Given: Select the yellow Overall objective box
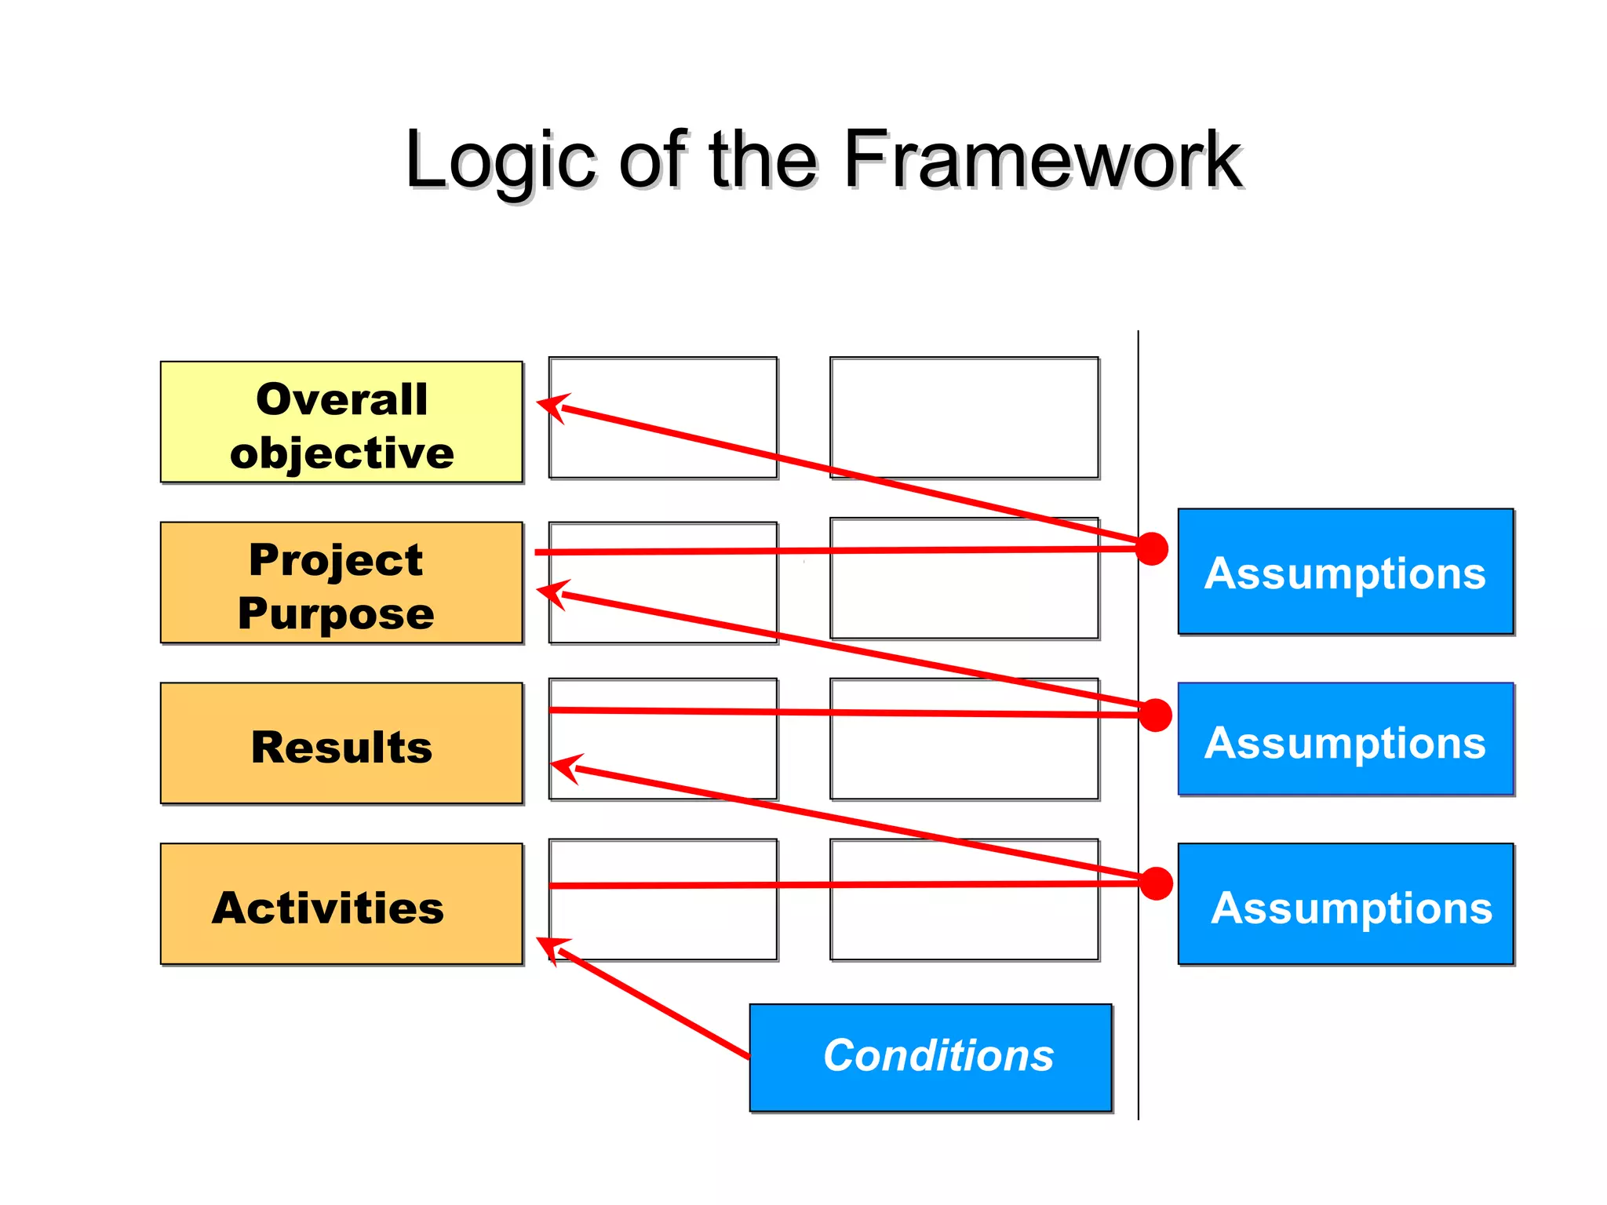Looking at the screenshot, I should pyautogui.click(x=341, y=422).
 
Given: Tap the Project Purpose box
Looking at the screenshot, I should pyautogui.click(x=341, y=583).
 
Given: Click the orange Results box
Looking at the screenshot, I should pyautogui.click(x=341, y=744).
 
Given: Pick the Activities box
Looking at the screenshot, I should pyautogui.click(x=341, y=904).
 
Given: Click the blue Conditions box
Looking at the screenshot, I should pyautogui.click(x=931, y=1058).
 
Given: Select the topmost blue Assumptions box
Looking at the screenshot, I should pyautogui.click(x=1345, y=572).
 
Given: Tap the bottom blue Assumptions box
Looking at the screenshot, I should pyautogui.click(x=1345, y=905).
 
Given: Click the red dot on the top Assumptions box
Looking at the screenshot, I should pyautogui.click(x=1152, y=548).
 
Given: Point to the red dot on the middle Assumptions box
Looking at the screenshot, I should pyautogui.click(x=1155, y=715).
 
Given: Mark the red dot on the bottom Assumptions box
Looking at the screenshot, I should pyautogui.click(x=1156, y=883).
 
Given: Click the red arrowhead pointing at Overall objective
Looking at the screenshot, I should pyautogui.click(x=552, y=406).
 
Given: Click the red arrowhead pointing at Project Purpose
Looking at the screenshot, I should pyautogui.click(x=552, y=594).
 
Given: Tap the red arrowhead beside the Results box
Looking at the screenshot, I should pyautogui.click(x=566, y=767).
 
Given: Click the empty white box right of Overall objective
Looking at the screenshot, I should pyautogui.click(x=663, y=417).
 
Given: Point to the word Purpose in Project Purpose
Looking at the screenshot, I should pyautogui.click(x=336, y=613).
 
